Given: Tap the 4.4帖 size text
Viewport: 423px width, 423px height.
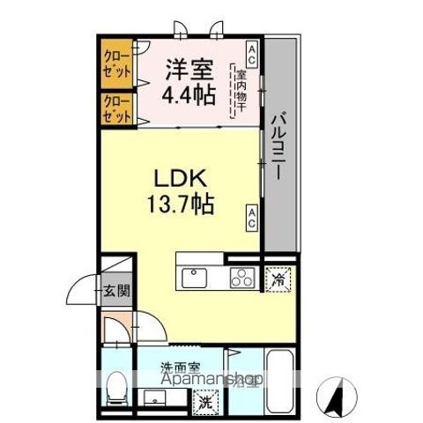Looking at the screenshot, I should click(189, 93).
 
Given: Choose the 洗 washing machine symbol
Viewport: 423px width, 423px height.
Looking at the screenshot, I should click(204, 404).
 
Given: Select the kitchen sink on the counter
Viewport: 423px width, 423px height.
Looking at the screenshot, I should click(193, 278).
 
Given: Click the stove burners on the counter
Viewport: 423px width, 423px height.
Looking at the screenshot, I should click(241, 278).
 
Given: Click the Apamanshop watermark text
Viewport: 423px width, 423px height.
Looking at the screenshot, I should click(211, 381).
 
